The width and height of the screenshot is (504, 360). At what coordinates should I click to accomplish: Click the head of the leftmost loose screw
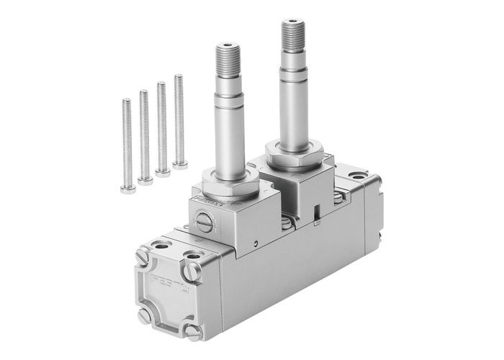(128, 189)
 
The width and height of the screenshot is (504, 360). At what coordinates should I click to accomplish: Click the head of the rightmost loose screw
(180, 165)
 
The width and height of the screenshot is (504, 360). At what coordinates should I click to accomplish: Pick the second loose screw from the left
(145, 137)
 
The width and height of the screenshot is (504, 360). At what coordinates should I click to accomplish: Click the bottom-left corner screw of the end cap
(145, 315)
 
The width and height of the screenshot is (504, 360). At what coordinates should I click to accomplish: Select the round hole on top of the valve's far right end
(357, 175)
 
